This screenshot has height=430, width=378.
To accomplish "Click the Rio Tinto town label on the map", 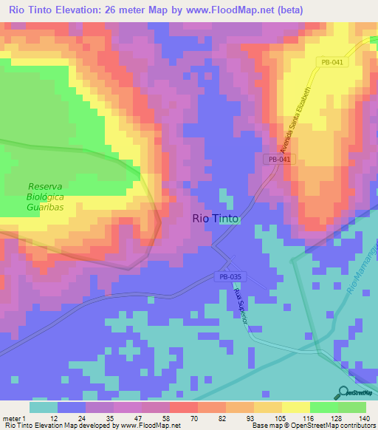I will point(215,218).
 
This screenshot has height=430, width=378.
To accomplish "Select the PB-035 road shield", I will point(231,277).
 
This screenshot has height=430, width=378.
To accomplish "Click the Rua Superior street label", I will point(238,307).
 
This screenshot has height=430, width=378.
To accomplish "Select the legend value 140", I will point(363,417).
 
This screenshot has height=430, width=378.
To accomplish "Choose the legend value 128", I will point(335,417).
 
